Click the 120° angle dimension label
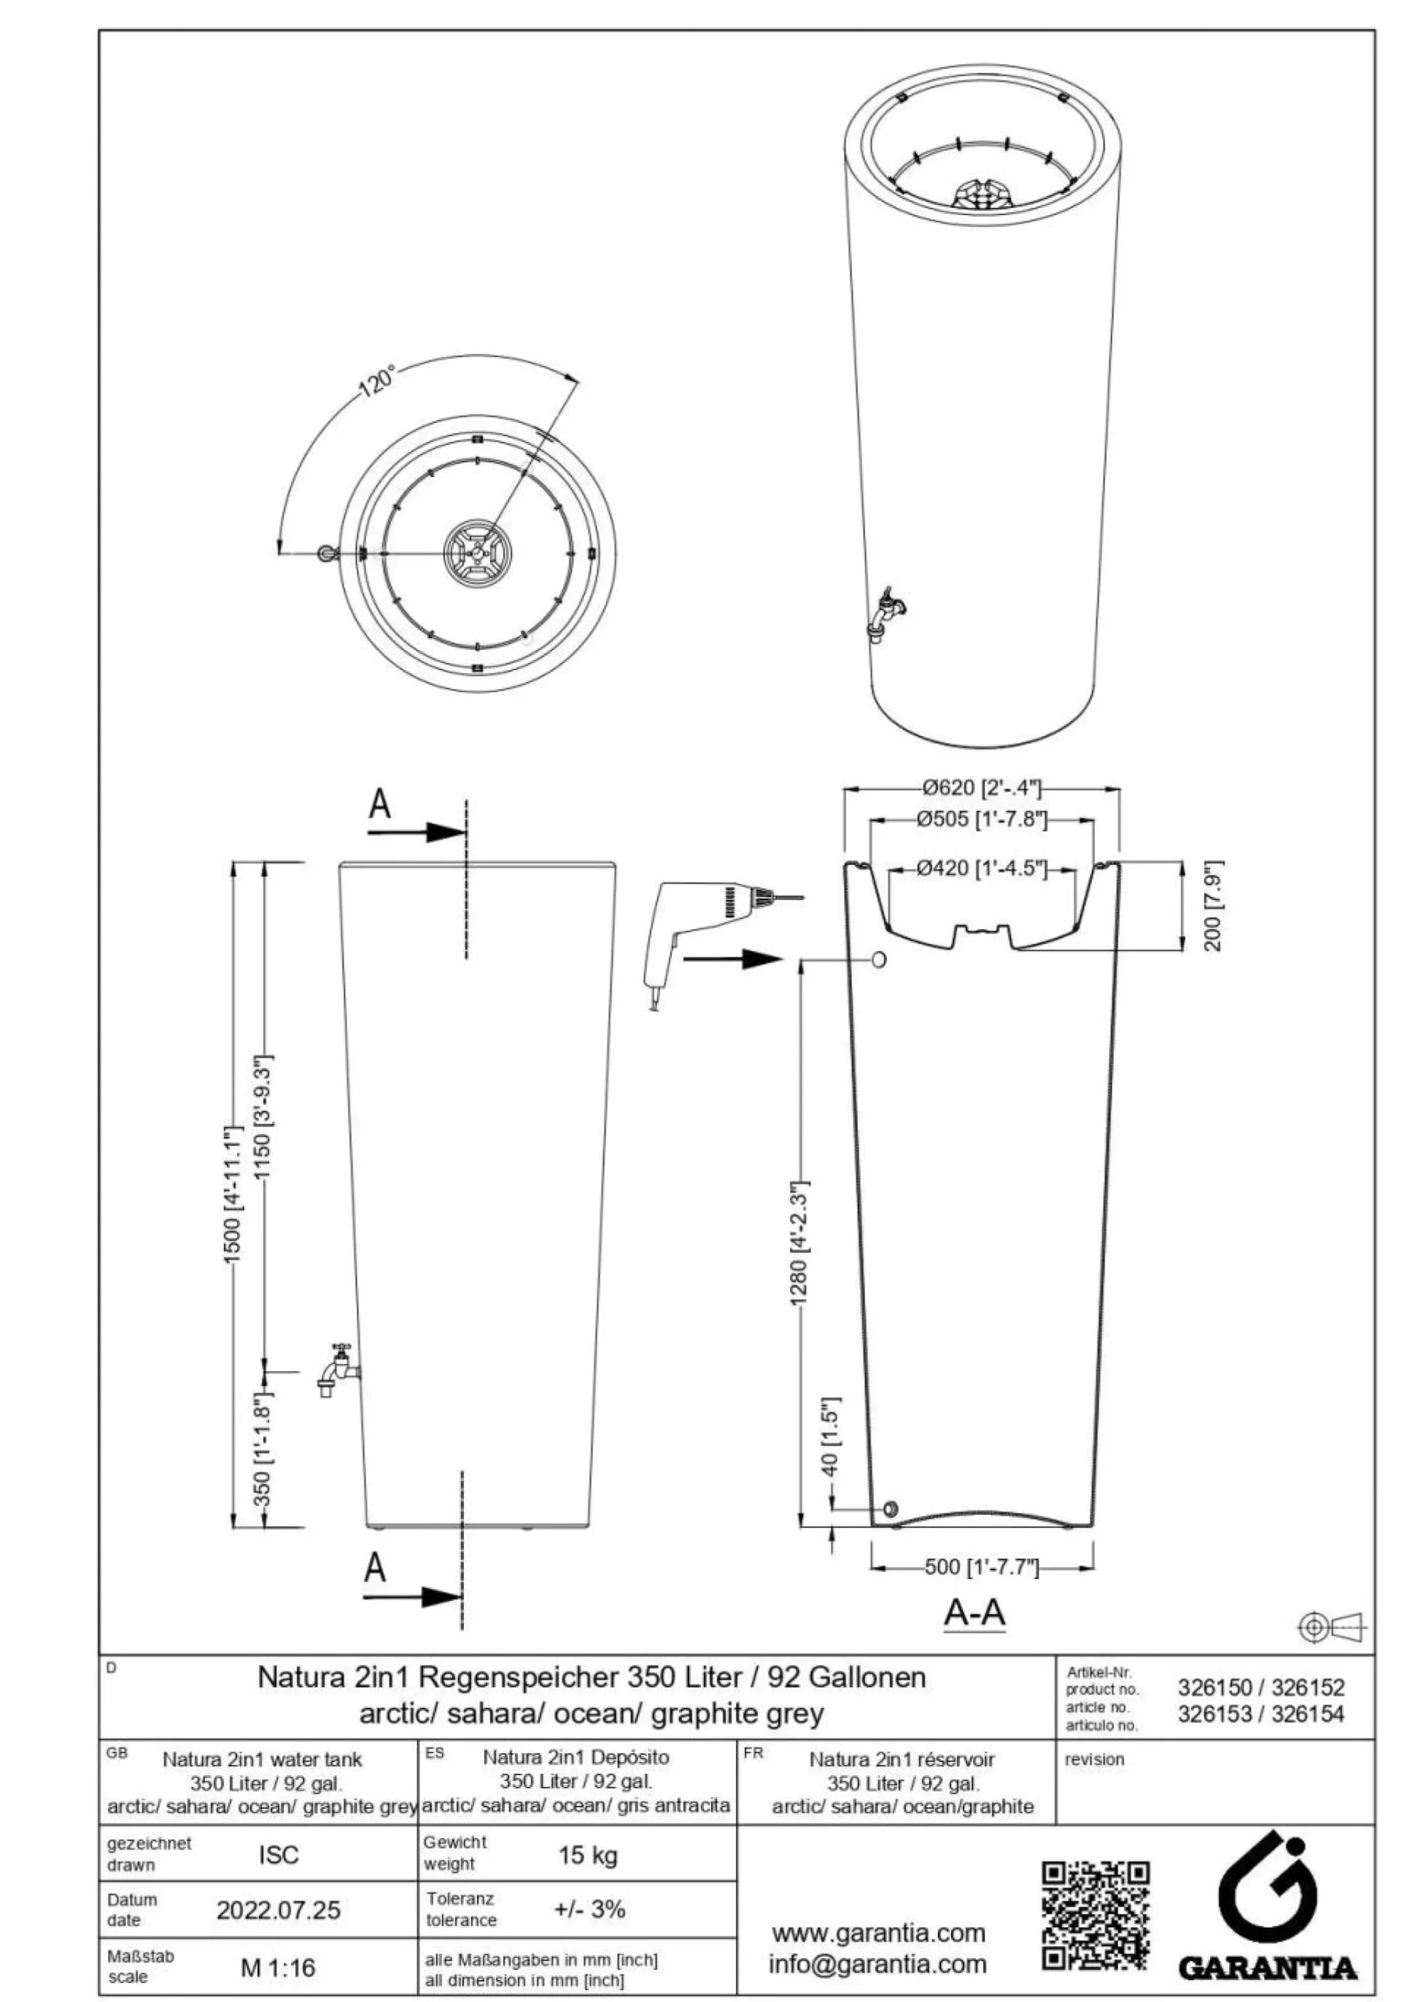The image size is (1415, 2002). (x=378, y=382)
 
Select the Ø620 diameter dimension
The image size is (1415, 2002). (x=982, y=788)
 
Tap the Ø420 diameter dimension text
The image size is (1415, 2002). (x=982, y=869)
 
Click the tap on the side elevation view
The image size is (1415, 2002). (x=339, y=1372)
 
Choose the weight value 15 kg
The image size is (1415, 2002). (x=587, y=1855)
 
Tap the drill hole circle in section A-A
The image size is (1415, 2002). (x=878, y=960)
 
